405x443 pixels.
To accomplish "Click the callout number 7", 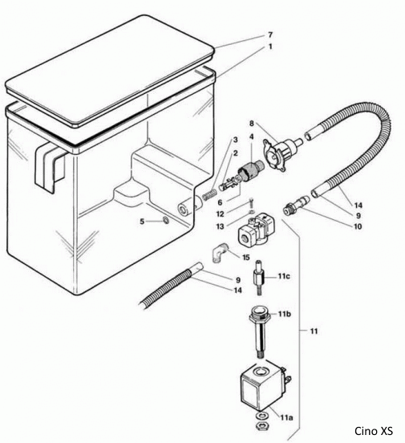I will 270,35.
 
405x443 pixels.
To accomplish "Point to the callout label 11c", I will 284,276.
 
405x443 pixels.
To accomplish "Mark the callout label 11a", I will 286,418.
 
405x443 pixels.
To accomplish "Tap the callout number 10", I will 357,227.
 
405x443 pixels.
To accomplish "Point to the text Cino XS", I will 375,430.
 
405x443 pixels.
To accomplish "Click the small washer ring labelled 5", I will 164,221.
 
